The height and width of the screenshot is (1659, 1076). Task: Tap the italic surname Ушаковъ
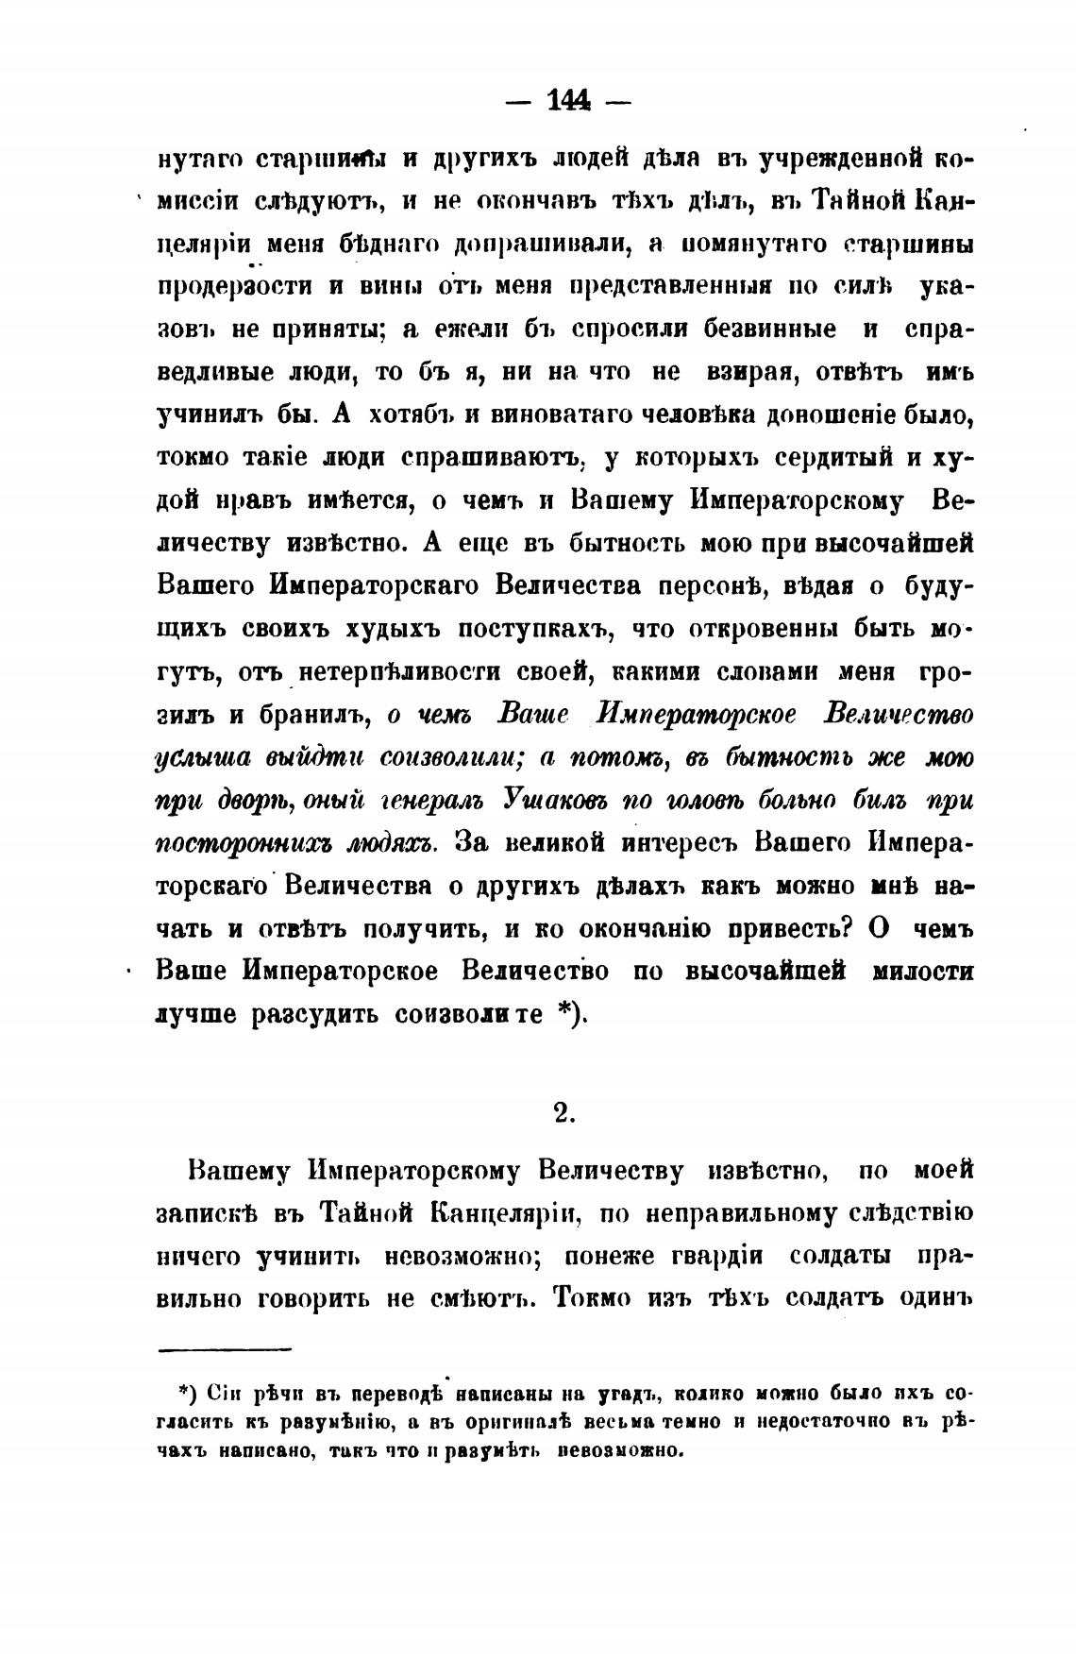coord(558,799)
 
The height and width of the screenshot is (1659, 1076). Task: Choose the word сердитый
coord(832,458)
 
